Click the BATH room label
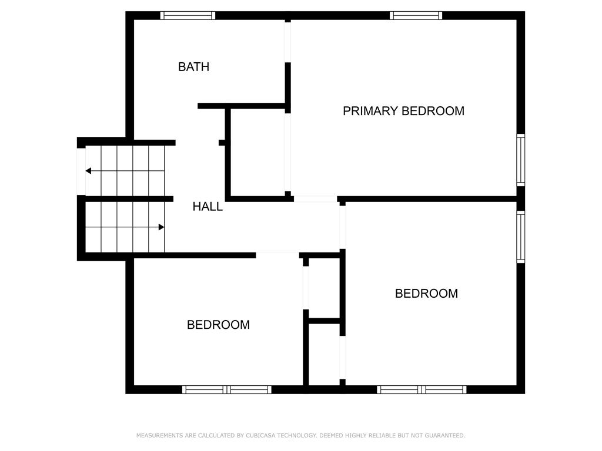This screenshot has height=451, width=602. click(x=193, y=67)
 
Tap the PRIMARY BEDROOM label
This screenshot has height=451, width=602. click(x=403, y=111)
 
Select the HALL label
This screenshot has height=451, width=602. click(x=208, y=206)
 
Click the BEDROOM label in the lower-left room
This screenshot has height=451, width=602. click(x=218, y=325)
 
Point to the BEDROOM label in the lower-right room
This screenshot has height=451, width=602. click(x=426, y=294)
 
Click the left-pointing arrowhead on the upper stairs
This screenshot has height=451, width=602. click(x=88, y=171)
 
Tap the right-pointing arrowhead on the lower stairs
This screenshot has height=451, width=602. click(x=162, y=227)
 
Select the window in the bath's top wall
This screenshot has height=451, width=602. click(x=188, y=15)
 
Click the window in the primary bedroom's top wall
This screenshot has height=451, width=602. click(x=416, y=15)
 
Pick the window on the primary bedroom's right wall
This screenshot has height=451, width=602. click(x=521, y=160)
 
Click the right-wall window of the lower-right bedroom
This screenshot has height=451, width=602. click(x=521, y=237)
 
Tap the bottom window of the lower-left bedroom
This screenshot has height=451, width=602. click(x=226, y=390)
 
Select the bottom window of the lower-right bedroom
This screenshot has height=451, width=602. click(x=422, y=390)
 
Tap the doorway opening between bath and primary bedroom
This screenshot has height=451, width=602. click(x=288, y=42)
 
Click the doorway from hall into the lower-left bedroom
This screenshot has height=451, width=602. click(x=277, y=255)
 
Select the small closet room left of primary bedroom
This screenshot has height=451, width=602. click(x=257, y=153)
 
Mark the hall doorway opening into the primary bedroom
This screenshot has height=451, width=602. click(x=316, y=199)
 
